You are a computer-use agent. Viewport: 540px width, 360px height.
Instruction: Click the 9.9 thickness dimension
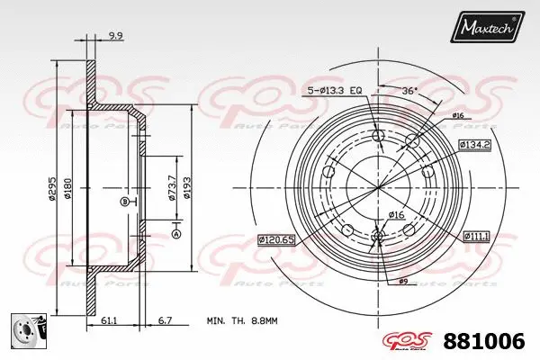(114, 37)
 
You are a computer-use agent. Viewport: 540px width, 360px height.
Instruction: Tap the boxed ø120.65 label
(275, 239)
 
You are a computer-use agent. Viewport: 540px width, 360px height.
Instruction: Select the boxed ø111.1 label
(476, 236)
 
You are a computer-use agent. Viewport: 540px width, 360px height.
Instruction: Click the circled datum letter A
(175, 234)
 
